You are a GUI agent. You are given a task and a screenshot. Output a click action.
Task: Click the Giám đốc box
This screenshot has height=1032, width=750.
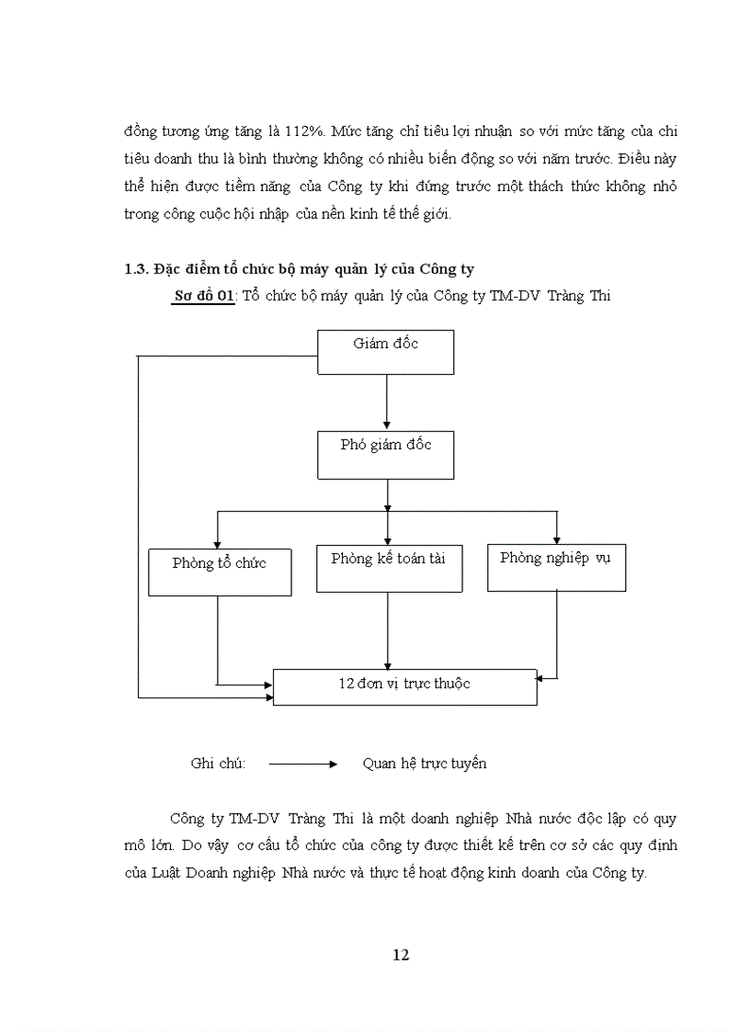(x=385, y=352)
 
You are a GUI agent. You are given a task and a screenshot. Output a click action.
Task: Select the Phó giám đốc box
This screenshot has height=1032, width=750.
(x=385, y=456)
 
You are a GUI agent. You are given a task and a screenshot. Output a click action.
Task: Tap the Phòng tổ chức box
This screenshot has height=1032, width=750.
(x=220, y=572)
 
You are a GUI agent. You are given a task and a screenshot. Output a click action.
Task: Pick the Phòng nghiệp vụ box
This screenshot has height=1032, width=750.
(x=556, y=567)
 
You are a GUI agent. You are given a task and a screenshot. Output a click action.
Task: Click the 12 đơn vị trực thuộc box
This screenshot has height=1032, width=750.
(x=404, y=686)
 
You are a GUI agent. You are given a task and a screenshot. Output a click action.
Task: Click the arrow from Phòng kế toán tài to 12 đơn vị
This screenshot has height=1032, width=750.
(x=387, y=630)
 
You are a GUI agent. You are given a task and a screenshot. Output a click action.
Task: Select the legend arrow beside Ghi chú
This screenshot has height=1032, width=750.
(x=303, y=764)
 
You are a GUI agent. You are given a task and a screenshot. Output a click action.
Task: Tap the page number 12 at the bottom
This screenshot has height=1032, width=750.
(x=400, y=955)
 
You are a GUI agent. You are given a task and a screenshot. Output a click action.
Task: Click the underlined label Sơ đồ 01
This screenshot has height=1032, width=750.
(x=203, y=296)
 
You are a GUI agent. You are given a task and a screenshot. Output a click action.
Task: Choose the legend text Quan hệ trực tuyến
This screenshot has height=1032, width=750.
(x=425, y=764)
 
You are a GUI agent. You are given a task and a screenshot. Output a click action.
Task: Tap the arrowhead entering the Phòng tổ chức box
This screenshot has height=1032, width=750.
(x=217, y=543)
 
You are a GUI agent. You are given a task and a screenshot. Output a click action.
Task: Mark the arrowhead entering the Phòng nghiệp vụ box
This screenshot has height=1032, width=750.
(x=557, y=541)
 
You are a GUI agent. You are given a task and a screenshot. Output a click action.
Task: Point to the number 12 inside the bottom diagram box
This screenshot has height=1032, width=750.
(x=347, y=684)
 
